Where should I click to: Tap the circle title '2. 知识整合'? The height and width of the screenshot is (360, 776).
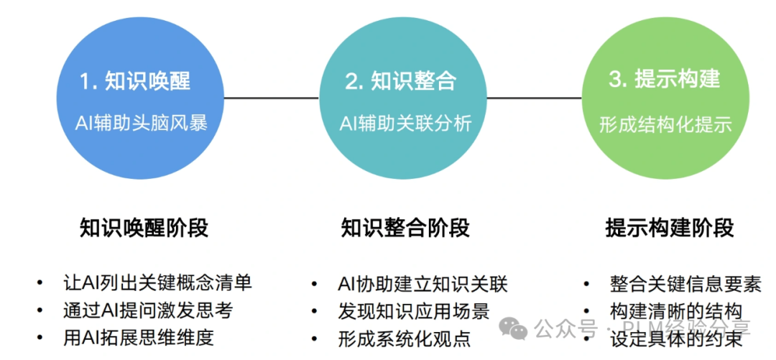(x=400, y=81)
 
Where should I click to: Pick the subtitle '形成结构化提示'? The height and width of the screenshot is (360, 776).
(x=665, y=124)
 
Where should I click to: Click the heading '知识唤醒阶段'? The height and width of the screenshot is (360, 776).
(x=144, y=229)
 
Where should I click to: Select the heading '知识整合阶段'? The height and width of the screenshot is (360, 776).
(x=405, y=229)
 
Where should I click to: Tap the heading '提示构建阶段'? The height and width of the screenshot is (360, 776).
(x=670, y=229)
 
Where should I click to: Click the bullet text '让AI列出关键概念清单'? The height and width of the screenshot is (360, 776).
(x=157, y=282)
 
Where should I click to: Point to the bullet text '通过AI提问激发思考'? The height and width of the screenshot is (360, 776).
(x=148, y=310)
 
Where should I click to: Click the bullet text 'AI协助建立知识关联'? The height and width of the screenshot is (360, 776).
(x=422, y=284)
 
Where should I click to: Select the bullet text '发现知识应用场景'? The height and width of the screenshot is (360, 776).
(x=413, y=311)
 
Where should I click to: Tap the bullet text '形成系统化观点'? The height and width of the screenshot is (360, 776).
(x=404, y=338)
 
